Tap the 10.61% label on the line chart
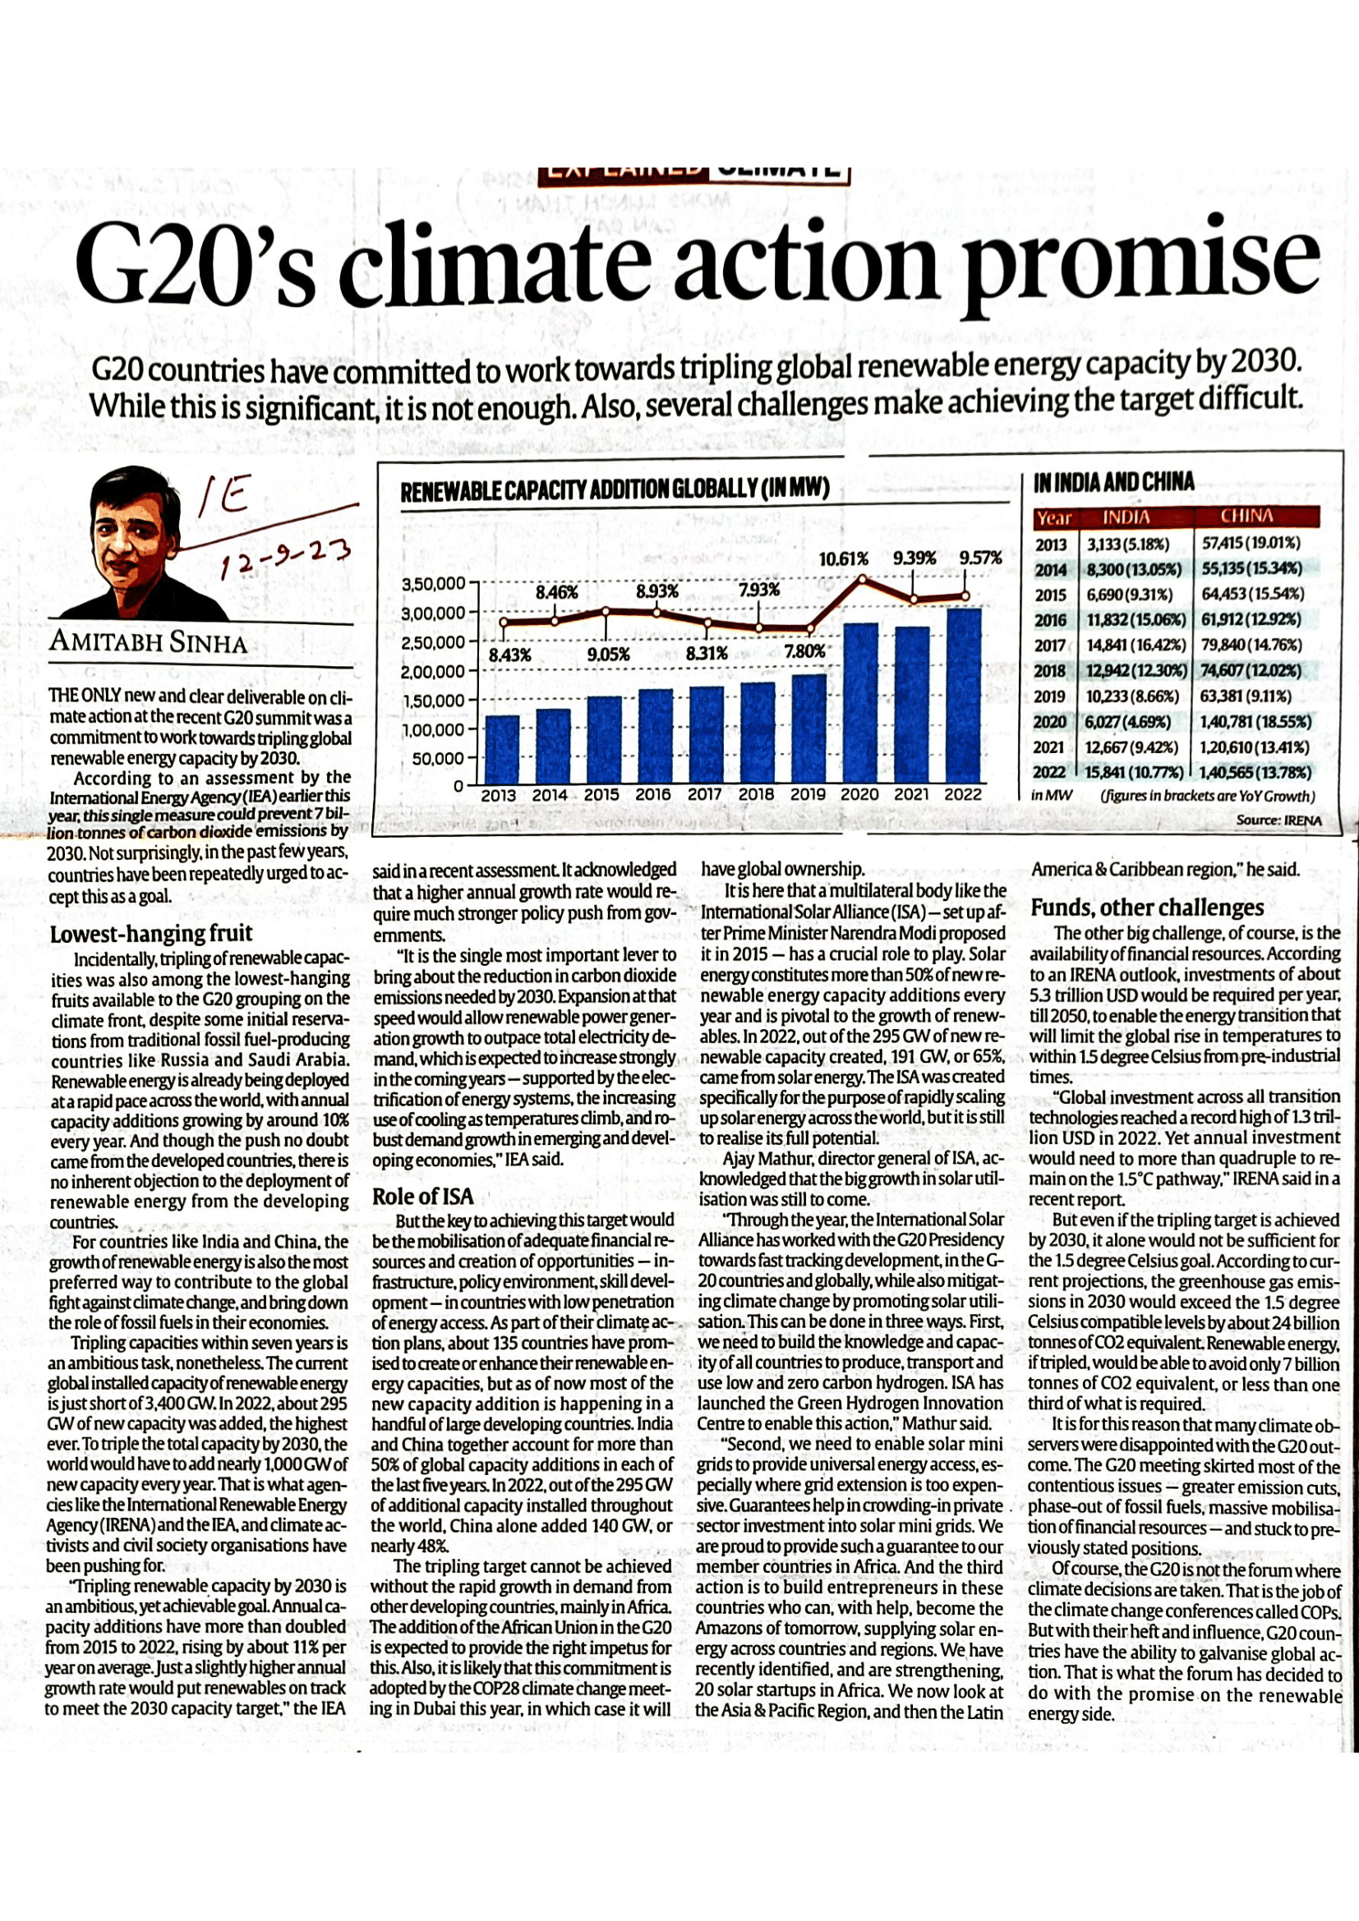(843, 558)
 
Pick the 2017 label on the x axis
(705, 795)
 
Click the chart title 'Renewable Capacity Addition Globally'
(615, 489)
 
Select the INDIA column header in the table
(1126, 517)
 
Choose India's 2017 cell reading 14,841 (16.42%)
(1133, 645)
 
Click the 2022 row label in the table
(1051, 771)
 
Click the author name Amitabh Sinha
(149, 642)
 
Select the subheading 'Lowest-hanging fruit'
(151, 934)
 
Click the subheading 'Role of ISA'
(422, 1197)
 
